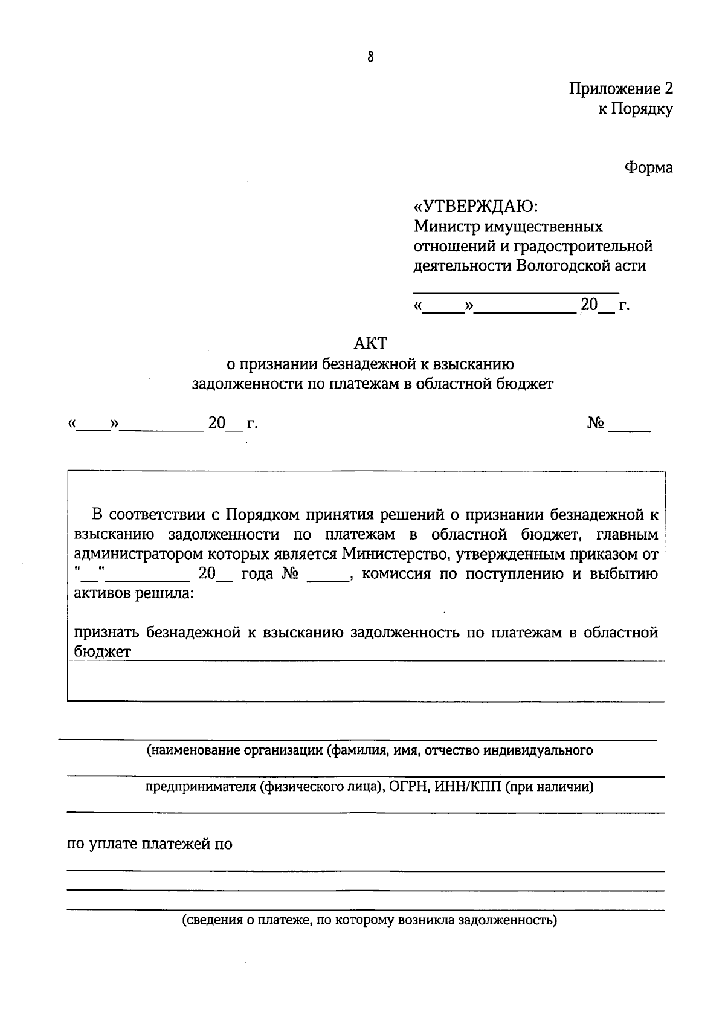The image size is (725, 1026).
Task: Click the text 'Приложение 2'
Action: coord(620,89)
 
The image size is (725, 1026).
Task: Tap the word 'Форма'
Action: coord(648,167)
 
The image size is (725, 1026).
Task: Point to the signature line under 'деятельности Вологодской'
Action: coord(516,292)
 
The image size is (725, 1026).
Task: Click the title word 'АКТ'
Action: coord(370,343)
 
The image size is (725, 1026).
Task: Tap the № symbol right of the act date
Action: coord(595,424)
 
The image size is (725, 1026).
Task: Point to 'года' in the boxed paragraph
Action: coord(257,574)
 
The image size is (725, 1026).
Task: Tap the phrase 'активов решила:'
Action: coord(134,593)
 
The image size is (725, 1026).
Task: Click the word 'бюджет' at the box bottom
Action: coord(102,652)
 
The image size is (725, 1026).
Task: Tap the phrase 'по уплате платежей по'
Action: coord(149,844)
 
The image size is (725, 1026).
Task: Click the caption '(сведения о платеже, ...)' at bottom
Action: coord(370,921)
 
